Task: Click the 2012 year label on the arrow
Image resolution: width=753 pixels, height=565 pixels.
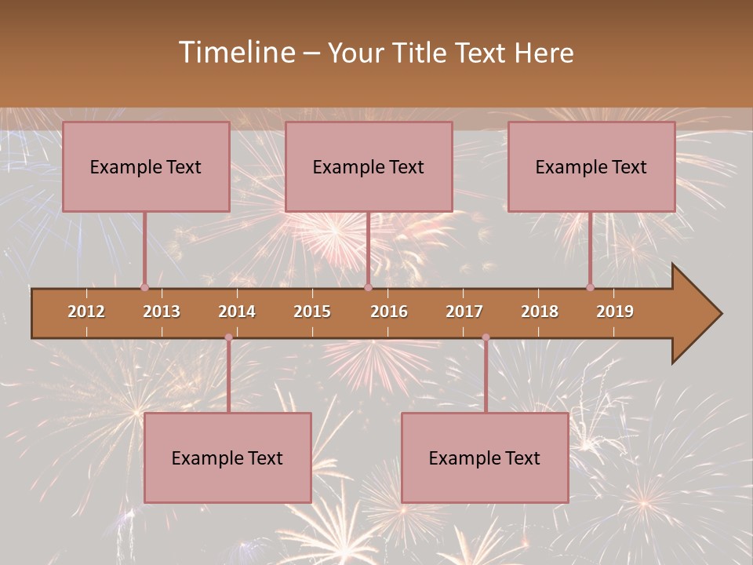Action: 86,312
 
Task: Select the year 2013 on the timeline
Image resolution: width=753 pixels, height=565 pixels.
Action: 162,312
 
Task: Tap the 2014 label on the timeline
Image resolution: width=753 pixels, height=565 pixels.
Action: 237,312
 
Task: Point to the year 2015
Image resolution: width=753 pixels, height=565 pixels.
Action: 312,312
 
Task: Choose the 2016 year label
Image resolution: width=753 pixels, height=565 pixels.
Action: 389,312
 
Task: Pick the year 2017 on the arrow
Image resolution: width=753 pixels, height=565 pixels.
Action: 464,312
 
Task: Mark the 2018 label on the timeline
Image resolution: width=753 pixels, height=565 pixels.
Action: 540,312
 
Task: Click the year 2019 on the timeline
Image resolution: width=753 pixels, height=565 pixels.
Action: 615,312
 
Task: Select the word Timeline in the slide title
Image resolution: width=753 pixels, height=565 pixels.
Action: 235,53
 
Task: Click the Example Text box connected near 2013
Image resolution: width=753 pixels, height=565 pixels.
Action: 146,166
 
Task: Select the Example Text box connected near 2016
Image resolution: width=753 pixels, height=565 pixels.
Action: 369,166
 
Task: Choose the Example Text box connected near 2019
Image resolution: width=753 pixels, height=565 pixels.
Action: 591,166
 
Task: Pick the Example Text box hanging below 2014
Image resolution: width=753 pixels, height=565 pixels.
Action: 227,457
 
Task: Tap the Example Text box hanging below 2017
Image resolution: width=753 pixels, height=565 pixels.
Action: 485,457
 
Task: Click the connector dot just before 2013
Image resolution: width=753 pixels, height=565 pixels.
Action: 144,287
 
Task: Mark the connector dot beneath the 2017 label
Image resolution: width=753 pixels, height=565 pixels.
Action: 486,337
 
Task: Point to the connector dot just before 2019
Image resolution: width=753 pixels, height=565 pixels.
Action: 591,287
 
